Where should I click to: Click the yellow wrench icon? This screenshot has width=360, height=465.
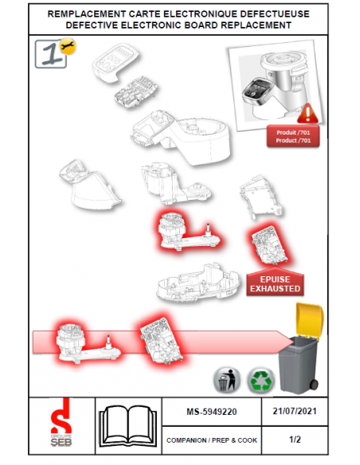tap(68, 46)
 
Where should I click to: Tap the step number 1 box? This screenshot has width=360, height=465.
tap(50, 54)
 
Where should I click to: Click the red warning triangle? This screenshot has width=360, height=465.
tap(307, 113)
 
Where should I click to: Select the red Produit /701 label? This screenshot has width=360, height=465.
tap(293, 136)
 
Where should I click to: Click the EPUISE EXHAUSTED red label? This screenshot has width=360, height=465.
tap(275, 283)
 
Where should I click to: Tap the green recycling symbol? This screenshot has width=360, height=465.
tap(261, 381)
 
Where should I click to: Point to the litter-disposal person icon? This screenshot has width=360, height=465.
tap(227, 381)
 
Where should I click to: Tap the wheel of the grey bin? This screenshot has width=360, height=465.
tap(314, 385)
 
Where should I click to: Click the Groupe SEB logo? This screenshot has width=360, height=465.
tap(61, 422)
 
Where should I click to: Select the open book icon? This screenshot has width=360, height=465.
tap(128, 426)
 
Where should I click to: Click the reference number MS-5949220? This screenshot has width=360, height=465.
tap(211, 412)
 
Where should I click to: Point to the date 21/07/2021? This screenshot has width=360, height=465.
tap(295, 411)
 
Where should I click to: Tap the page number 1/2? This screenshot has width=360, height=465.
tap(295, 440)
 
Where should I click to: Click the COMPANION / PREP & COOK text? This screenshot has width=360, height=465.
tap(212, 440)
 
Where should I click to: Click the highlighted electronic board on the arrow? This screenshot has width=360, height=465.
tap(161, 340)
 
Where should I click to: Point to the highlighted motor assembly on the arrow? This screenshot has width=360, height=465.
tap(88, 343)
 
